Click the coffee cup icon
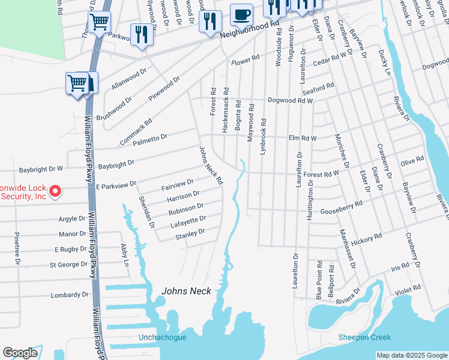click(x=241, y=14)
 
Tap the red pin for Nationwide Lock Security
click(x=55, y=191)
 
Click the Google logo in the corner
click(x=20, y=353)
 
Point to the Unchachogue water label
click(x=162, y=337)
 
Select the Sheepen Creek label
click(x=364, y=337)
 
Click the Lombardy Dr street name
click(x=70, y=295)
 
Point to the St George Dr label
click(x=69, y=264)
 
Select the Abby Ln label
click(x=125, y=255)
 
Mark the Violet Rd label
click(x=426, y=289)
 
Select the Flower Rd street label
click(x=245, y=61)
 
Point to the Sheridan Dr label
click(x=147, y=212)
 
